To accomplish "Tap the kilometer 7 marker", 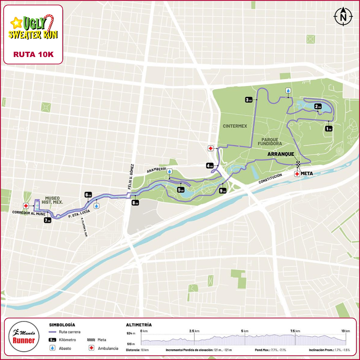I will [47, 220].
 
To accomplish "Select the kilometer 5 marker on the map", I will [181, 190].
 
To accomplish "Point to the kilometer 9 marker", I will [223, 191].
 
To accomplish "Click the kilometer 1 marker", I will [329, 128].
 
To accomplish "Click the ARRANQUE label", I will [281, 155].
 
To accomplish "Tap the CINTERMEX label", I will [235, 126].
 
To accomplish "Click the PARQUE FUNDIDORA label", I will [269, 141].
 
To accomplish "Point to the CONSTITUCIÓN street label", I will [270, 179].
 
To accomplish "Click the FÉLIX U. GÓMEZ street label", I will [132, 176].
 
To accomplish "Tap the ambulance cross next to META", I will [297, 174].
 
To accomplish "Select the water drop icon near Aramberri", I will [170, 171].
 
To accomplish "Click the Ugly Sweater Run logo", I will [33, 27].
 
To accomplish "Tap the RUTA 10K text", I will [33, 54].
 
